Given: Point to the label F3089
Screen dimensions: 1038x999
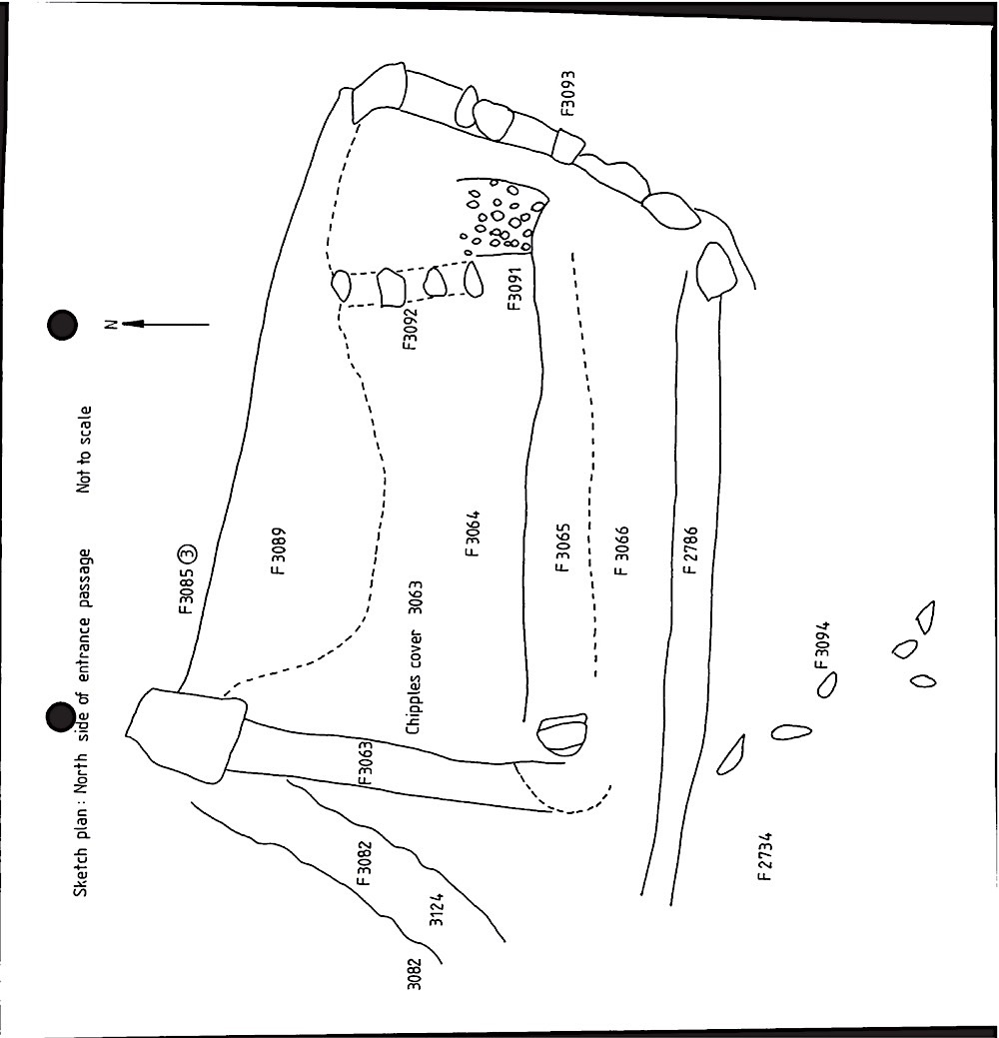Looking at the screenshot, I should point(280,551).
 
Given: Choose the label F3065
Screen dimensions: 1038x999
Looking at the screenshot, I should point(562,548).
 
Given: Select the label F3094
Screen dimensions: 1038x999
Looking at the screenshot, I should point(821,644).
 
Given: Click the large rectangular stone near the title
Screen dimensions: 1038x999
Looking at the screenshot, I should point(187,735).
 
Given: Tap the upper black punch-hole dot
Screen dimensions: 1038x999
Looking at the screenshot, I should point(62,325).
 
